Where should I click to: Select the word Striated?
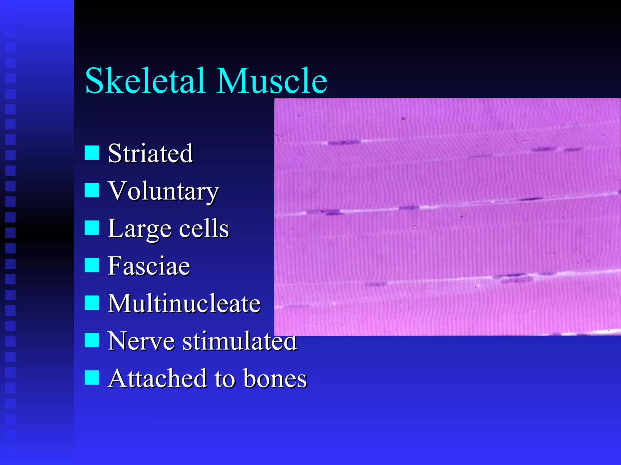click(150, 153)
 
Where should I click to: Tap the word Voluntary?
click(163, 191)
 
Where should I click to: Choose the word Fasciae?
click(149, 266)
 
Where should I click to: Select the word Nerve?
click(141, 341)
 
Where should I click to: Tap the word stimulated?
click(240, 341)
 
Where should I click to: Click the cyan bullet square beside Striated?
click(92, 153)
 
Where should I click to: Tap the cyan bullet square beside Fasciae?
click(92, 265)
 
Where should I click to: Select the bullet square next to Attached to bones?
click(92, 378)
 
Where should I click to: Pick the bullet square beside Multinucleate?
click(92, 303)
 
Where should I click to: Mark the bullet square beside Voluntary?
click(92, 190)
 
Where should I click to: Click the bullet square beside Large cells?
click(92, 228)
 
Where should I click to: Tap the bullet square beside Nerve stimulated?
click(92, 340)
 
